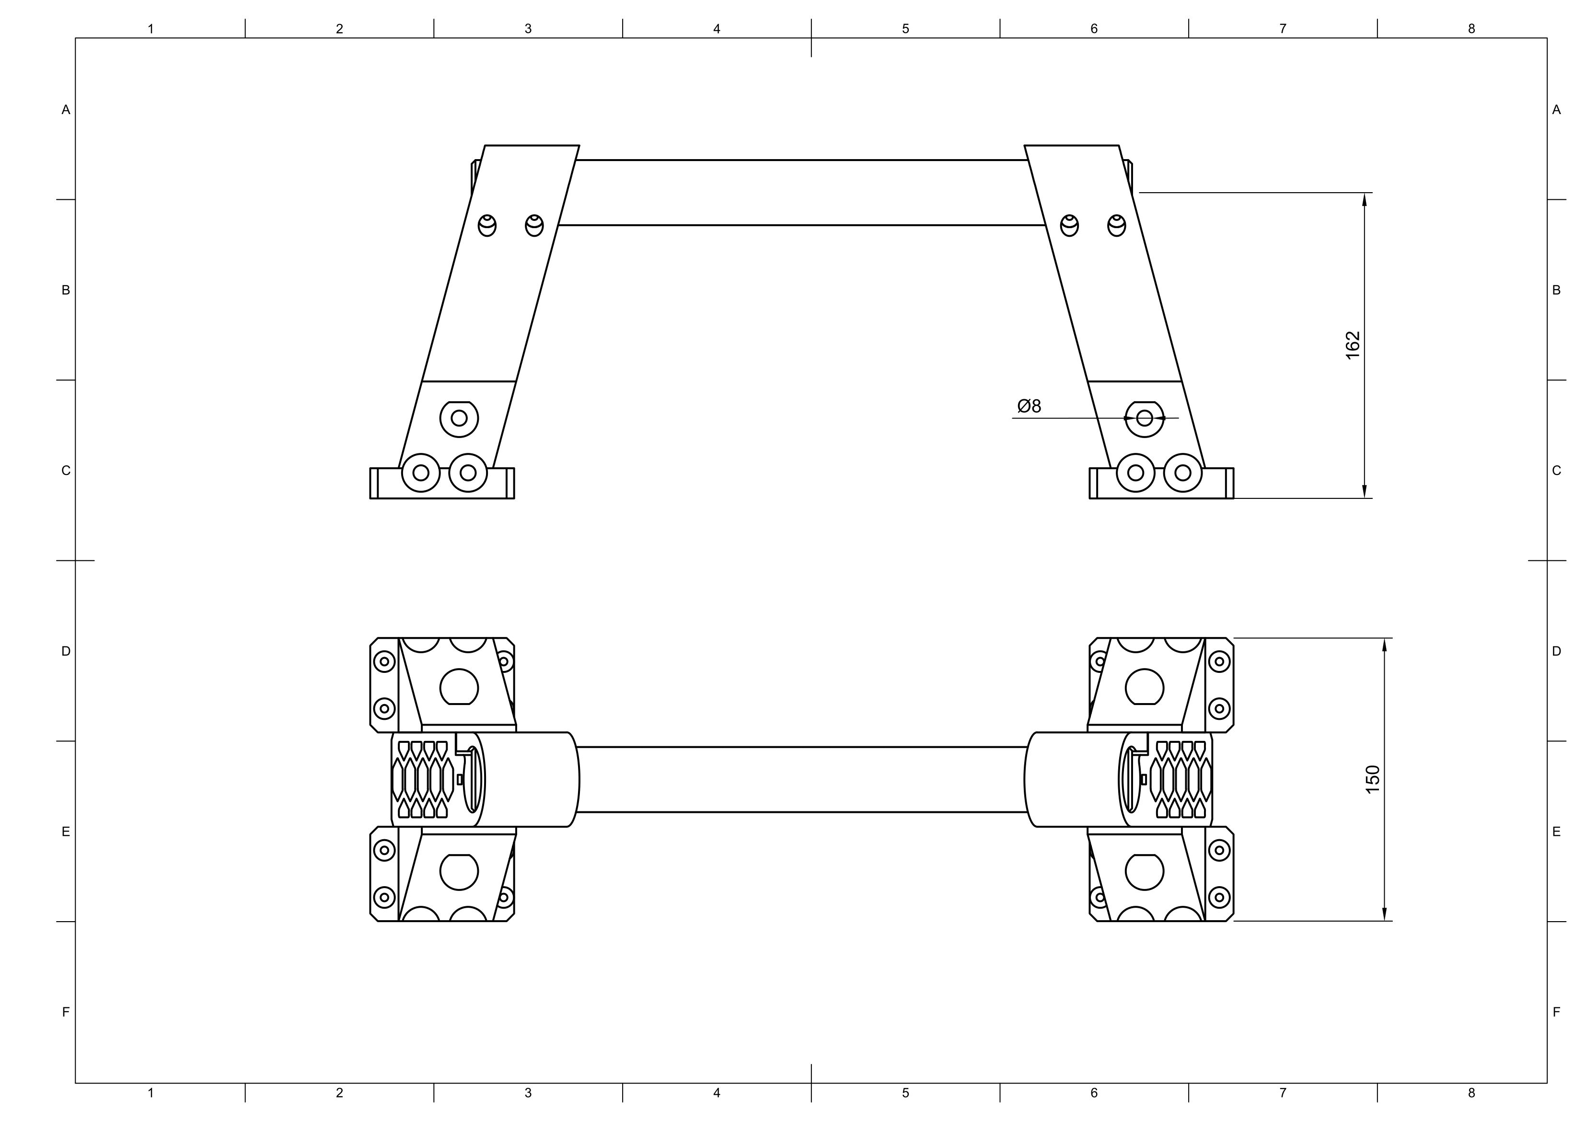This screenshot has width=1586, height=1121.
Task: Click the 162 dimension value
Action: tap(1353, 346)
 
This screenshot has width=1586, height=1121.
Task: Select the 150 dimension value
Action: tap(1373, 779)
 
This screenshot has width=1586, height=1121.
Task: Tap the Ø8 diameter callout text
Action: tap(1029, 406)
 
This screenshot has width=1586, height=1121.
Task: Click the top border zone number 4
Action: tap(717, 29)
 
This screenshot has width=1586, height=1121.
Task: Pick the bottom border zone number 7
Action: tap(1283, 1093)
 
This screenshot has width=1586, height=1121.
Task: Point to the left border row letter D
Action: tap(66, 651)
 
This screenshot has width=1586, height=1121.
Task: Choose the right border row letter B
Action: tap(1556, 290)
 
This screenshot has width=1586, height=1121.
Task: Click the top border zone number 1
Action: tap(150, 29)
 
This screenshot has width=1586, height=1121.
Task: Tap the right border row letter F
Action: tap(1556, 1013)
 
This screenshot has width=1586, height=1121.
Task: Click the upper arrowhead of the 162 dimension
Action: tap(1364, 199)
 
